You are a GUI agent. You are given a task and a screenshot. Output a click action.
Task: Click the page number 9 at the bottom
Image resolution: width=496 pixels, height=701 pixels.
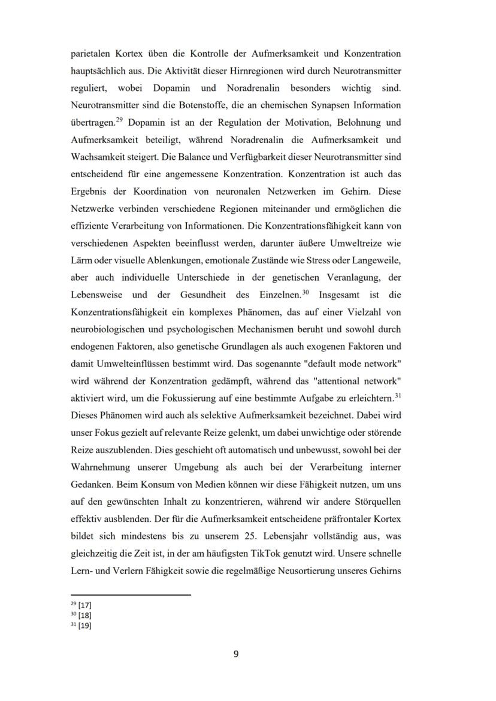235,654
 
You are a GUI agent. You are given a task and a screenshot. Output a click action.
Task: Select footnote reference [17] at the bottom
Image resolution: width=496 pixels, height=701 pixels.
84,605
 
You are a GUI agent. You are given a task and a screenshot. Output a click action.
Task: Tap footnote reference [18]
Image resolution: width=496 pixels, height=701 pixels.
84,615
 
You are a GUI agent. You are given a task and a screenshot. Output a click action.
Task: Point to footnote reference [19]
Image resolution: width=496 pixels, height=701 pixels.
84,626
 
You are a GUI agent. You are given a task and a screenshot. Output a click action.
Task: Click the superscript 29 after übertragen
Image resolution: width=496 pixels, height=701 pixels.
120,120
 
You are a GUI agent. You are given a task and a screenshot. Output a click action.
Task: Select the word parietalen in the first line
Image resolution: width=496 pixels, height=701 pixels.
92,53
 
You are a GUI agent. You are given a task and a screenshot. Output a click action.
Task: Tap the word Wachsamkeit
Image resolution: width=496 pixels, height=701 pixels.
98,157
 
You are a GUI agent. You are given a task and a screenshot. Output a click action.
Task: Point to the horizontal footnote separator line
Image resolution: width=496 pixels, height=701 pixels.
131,594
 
